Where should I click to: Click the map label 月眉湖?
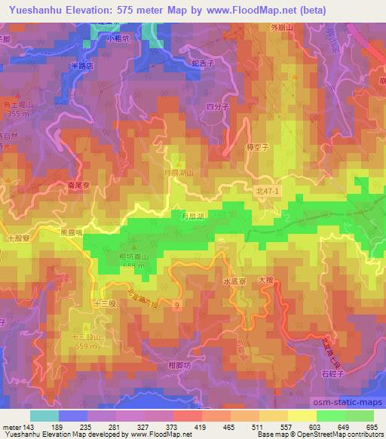tap(192, 216)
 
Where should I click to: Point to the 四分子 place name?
tap(216, 107)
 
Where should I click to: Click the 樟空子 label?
tap(259, 149)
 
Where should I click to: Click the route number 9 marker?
tap(176, 304)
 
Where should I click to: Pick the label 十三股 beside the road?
tap(106, 303)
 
